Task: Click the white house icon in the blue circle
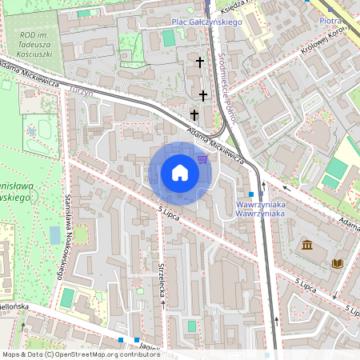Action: click(180, 173)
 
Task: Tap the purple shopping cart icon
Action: click(202, 158)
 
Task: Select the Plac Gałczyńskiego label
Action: click(206, 23)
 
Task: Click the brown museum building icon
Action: click(307, 244)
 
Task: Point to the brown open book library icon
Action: click(337, 262)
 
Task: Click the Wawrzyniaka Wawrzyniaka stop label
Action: click(261, 209)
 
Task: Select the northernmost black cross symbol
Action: click(201, 62)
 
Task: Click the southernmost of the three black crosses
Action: click(194, 115)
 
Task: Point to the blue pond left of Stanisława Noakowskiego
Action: click(54, 234)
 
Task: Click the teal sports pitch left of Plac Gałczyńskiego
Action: click(169, 38)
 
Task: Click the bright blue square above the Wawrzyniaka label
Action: click(251, 194)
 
